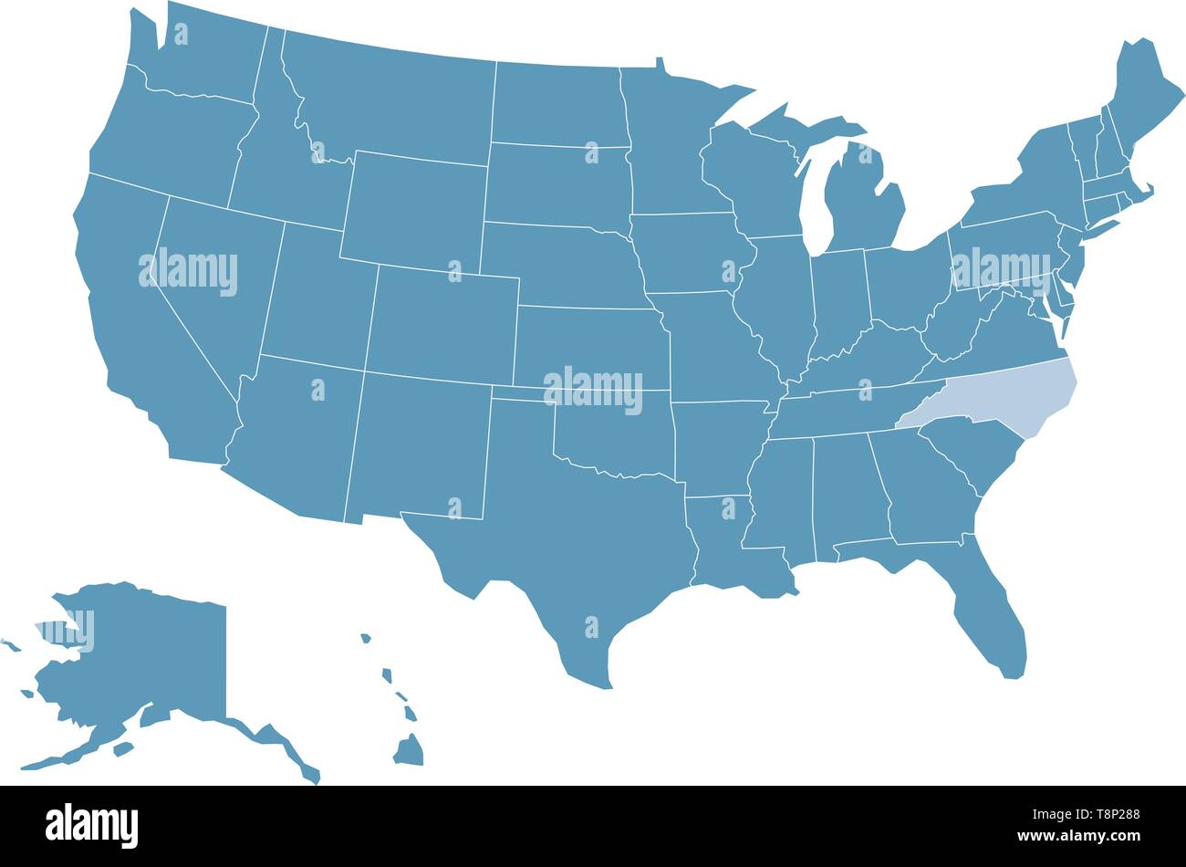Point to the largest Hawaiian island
tap(410, 750)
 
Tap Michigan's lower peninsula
tap(862, 201)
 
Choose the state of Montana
tap(392, 100)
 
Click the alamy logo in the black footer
tap(91, 825)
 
